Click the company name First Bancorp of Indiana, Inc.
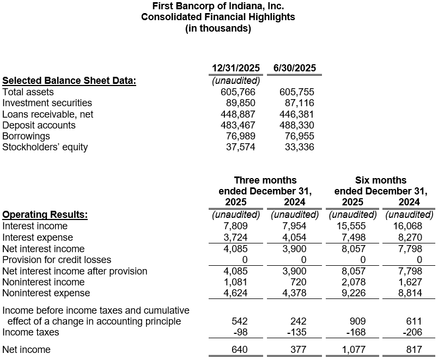(218, 6)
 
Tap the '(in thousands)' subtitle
(218, 28)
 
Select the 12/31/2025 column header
(235, 68)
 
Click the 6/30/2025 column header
(294, 68)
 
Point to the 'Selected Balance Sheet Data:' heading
(69, 81)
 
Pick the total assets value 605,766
(235, 92)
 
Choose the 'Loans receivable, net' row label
(48, 114)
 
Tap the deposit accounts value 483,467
(235, 125)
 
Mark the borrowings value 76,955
(300, 136)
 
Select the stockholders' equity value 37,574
(240, 147)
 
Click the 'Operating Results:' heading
(45, 215)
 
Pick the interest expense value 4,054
(295, 237)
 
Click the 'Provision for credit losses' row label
(57, 260)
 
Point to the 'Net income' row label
(27, 350)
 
